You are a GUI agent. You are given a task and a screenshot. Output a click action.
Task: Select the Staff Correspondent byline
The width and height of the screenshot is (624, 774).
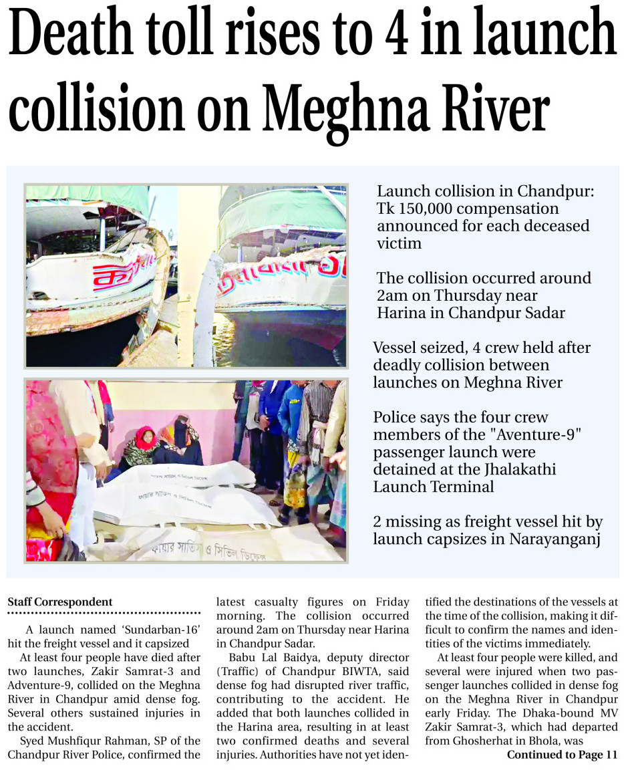(60, 602)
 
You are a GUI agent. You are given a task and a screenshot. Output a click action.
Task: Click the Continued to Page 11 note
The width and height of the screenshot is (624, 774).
(562, 755)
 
